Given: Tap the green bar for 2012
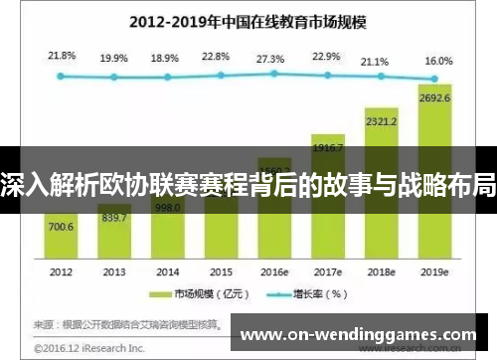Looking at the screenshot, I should (x=61, y=239).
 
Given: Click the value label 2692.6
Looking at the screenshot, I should (x=435, y=97).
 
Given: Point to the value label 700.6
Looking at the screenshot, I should (x=61, y=227).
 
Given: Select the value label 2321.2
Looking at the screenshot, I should (x=381, y=122).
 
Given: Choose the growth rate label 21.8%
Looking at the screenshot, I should (x=61, y=56).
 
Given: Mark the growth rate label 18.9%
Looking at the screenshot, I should (x=166, y=59).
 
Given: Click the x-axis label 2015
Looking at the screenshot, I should (x=220, y=271).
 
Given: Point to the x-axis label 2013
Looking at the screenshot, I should (x=114, y=271).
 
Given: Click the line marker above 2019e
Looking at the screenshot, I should (x=434, y=78).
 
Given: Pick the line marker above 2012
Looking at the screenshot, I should (x=61, y=76).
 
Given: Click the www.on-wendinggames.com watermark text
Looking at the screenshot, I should (x=362, y=333).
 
